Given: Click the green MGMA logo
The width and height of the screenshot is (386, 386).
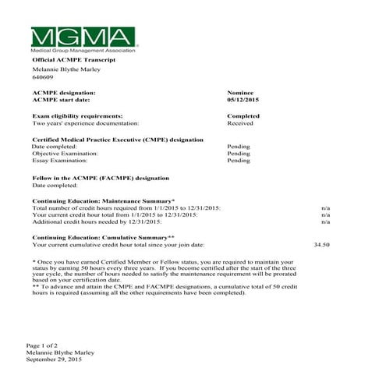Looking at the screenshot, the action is (x=83, y=37).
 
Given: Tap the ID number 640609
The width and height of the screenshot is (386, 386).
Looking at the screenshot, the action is (x=42, y=77).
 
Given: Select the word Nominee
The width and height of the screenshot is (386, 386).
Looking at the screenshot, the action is (x=239, y=92).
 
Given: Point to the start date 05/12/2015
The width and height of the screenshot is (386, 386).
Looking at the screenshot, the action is (x=243, y=100).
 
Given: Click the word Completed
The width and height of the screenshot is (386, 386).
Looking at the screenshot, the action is (x=243, y=115).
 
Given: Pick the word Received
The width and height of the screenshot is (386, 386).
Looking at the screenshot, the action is (x=239, y=123).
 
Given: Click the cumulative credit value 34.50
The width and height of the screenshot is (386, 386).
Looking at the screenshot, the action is (x=321, y=245).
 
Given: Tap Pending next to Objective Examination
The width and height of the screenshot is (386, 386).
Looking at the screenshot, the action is (x=239, y=154).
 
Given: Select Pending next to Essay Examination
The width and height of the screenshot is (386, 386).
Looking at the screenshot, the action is (x=239, y=161).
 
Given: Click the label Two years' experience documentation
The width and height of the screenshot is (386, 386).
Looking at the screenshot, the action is (x=86, y=123).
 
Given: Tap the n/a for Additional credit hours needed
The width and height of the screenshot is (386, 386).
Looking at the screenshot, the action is (x=326, y=222).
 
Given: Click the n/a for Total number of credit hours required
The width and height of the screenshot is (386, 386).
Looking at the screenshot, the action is (x=326, y=208).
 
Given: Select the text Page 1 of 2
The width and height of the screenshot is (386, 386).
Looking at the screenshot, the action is (x=42, y=345).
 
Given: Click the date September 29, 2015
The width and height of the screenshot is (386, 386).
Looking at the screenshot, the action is (x=54, y=359).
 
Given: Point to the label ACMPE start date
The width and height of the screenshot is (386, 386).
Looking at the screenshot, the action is (x=61, y=100).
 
